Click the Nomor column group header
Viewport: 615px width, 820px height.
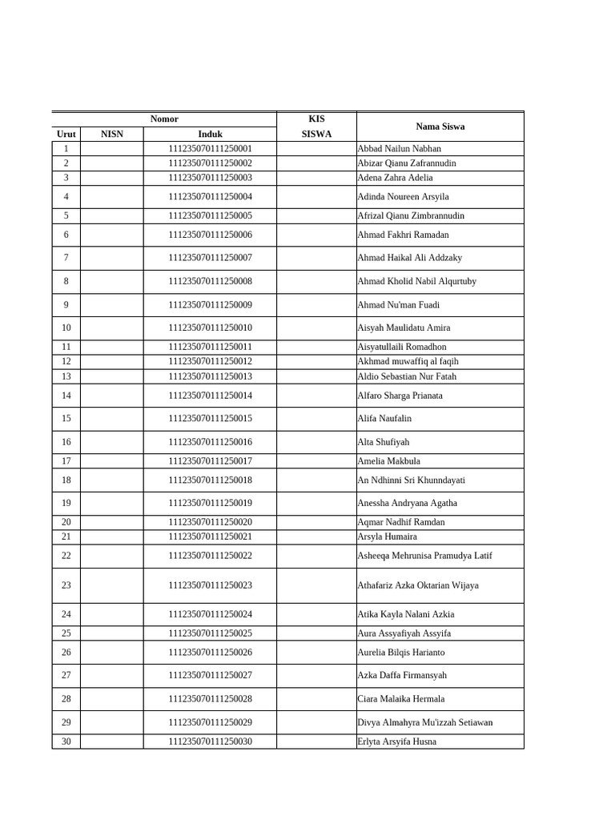point(164,119)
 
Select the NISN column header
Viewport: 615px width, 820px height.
point(112,135)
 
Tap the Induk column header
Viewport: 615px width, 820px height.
point(210,135)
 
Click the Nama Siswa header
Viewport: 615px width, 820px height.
point(440,127)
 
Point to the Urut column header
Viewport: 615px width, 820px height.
point(66,135)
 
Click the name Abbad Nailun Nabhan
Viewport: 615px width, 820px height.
point(399,149)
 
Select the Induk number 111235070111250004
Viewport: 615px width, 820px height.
point(210,197)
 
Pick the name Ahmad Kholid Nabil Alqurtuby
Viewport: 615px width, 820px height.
point(416,282)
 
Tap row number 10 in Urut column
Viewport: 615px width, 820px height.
point(66,328)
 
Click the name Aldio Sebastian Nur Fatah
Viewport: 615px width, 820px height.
point(407,377)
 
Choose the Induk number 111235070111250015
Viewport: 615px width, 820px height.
point(210,419)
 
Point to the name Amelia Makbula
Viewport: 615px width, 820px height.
point(388,461)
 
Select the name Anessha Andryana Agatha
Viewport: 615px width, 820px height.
point(407,504)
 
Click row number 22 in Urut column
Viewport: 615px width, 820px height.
point(66,556)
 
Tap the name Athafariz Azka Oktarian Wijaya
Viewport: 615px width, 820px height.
point(417,585)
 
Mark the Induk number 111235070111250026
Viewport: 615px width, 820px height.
point(210,653)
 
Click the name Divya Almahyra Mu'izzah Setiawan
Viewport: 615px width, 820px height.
point(424,722)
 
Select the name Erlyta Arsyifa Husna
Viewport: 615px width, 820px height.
point(396,742)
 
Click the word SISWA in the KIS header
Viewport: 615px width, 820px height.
point(316,135)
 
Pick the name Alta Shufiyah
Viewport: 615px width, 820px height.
point(383,442)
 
